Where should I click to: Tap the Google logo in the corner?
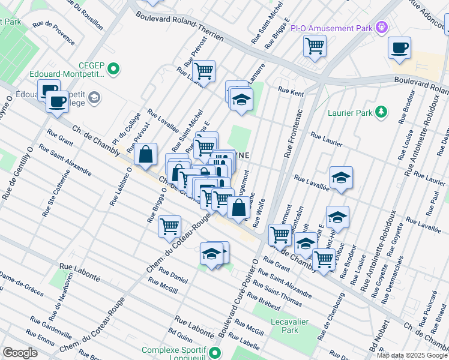click(x=20, y=352)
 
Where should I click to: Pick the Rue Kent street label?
click(x=291, y=91)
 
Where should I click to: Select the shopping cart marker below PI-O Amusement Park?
click(x=315, y=46)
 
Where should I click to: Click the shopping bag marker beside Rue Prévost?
click(x=146, y=154)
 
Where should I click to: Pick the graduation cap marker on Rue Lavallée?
click(x=340, y=178)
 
